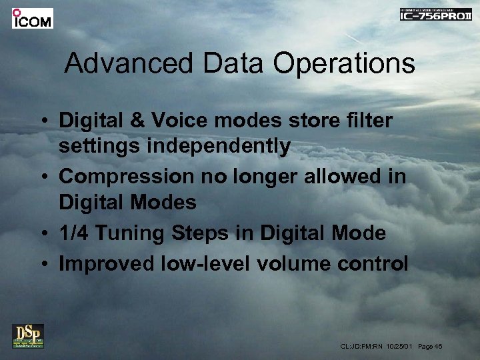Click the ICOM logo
click(x=32, y=18)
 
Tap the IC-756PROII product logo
click(x=435, y=14)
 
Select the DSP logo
click(x=28, y=335)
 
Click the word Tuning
click(x=125, y=233)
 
